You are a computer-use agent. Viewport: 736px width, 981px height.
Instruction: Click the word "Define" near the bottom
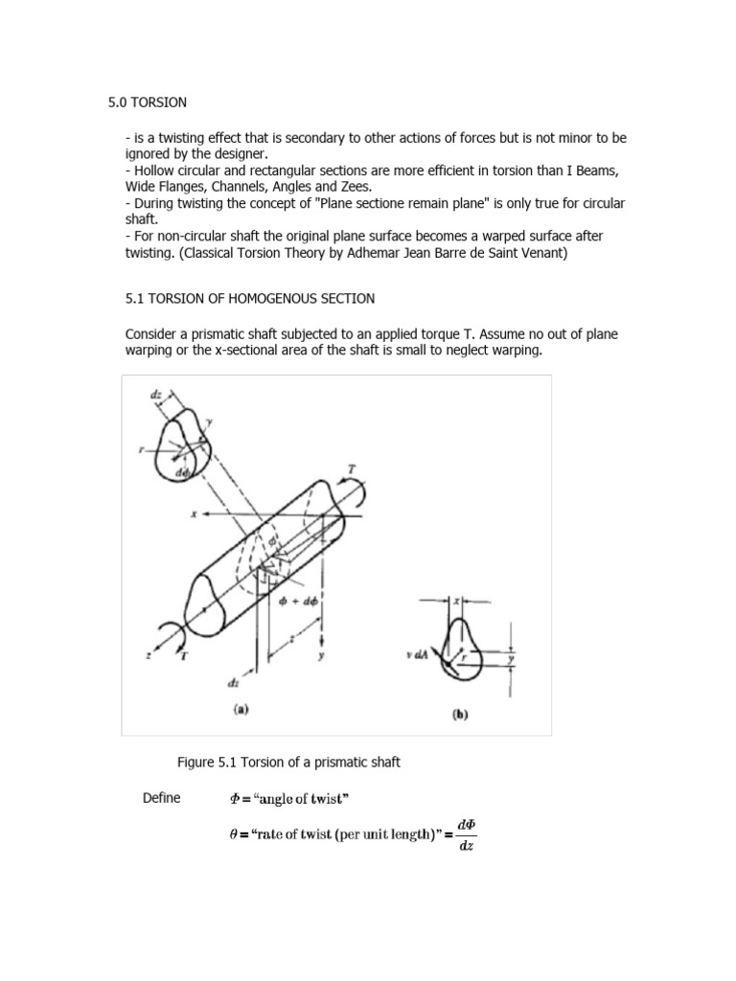pyautogui.click(x=161, y=798)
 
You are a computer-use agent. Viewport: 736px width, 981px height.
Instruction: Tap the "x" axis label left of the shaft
pyautogui.click(x=194, y=513)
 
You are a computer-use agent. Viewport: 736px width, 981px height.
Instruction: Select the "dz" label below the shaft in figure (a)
pyautogui.click(x=234, y=683)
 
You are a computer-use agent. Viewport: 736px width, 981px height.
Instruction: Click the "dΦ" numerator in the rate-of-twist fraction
pyautogui.click(x=466, y=824)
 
